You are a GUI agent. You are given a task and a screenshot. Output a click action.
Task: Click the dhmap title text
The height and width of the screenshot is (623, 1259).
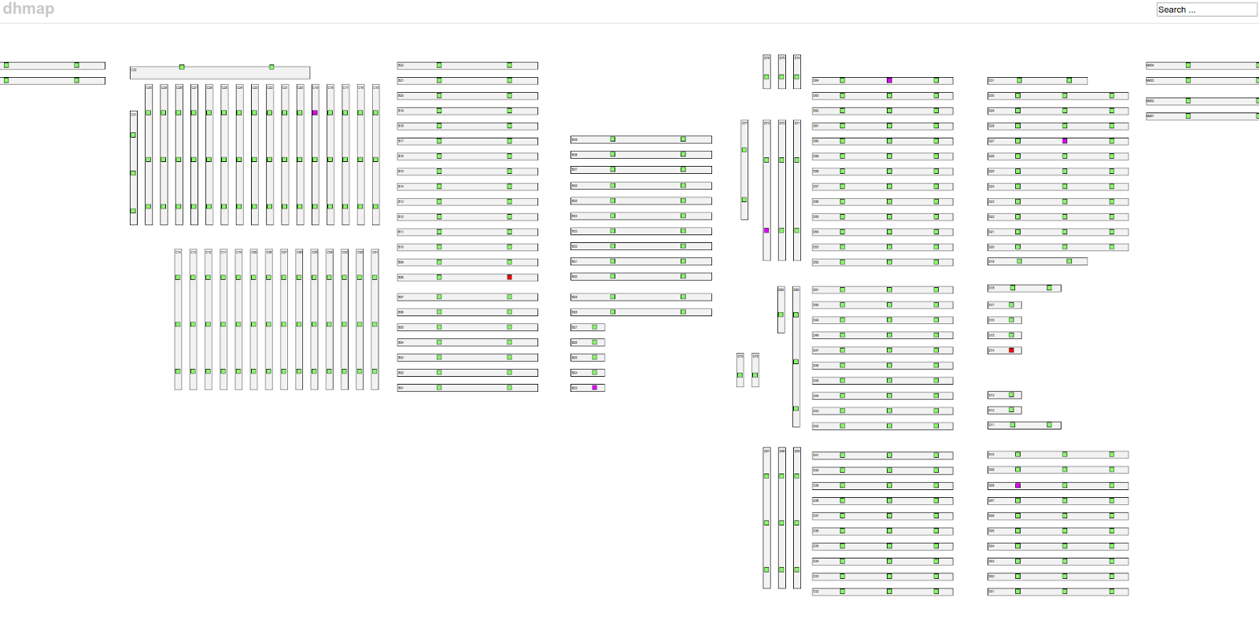click(x=28, y=9)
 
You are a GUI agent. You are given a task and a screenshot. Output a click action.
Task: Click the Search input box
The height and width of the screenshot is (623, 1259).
click(x=1206, y=9)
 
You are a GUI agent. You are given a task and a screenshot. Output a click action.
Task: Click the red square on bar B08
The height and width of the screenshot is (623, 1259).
click(x=509, y=277)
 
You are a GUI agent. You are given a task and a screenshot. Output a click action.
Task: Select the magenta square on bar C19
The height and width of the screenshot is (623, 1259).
click(x=315, y=112)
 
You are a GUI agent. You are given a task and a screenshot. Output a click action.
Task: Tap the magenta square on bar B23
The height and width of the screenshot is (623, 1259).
click(x=595, y=388)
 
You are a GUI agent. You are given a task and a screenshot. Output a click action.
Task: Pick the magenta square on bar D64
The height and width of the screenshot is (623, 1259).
click(x=889, y=80)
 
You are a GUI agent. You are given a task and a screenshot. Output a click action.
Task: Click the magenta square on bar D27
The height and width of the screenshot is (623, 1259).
click(x=1065, y=141)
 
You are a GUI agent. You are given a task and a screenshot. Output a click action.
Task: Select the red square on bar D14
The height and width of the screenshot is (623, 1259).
click(x=1011, y=350)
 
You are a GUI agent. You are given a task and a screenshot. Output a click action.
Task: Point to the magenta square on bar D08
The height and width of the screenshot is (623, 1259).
click(x=1017, y=485)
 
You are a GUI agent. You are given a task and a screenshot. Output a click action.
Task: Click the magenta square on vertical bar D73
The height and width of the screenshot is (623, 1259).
click(x=766, y=230)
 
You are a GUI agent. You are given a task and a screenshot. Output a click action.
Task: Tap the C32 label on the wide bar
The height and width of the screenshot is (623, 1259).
click(x=134, y=70)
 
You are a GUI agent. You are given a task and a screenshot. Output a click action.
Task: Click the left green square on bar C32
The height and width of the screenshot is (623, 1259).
click(x=182, y=67)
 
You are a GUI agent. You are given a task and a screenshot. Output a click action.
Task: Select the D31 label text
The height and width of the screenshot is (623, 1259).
click(x=991, y=80)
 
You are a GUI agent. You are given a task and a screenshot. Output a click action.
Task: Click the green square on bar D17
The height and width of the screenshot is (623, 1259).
click(x=1011, y=304)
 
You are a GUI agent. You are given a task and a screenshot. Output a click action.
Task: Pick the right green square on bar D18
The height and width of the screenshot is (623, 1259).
click(x=1049, y=288)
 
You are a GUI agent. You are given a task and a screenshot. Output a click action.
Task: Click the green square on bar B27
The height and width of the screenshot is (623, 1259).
click(x=595, y=327)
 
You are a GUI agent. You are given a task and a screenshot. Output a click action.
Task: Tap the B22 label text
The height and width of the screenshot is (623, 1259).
click(x=401, y=65)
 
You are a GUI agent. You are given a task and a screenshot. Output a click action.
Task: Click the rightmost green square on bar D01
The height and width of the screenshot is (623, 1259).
click(x=1112, y=591)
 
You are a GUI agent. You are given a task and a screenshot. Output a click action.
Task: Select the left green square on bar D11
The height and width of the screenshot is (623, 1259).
click(x=1012, y=425)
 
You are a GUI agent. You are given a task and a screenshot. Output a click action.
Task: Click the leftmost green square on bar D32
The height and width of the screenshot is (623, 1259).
click(x=842, y=591)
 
